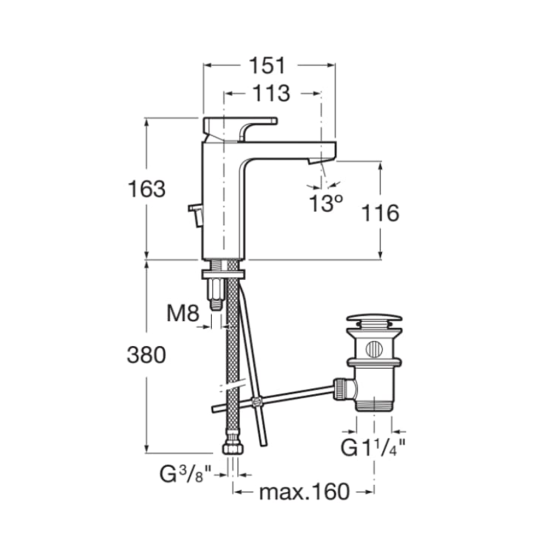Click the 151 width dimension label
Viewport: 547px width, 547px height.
tap(267, 65)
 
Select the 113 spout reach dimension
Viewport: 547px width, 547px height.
tap(271, 93)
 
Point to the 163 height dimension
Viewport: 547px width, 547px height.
tap(147, 189)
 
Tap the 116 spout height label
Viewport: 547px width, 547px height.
tap(380, 213)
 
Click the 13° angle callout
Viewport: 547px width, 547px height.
tap(326, 203)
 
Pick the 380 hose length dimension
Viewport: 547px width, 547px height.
tap(147, 355)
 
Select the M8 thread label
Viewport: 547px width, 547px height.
tap(183, 313)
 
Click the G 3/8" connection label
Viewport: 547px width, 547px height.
tap(186, 474)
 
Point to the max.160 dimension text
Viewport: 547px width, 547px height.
tap(304, 492)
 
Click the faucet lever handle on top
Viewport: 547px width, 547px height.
tap(240, 130)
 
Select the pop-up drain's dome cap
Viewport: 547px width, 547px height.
tap(374, 321)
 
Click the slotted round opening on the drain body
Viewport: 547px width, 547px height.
tap(374, 349)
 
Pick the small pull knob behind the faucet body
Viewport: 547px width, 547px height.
tap(196, 214)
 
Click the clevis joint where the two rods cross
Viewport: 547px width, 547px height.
tap(257, 402)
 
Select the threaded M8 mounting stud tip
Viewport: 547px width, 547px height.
tap(216, 304)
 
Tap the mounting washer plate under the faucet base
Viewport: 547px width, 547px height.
tap(223, 274)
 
